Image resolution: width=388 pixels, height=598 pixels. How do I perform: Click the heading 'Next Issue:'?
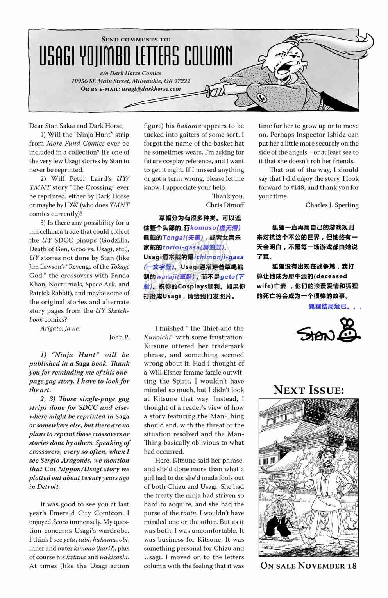tap(309, 390)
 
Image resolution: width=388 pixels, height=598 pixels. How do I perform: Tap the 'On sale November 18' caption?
tap(309, 566)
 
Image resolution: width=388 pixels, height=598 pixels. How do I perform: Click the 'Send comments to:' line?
tap(136, 39)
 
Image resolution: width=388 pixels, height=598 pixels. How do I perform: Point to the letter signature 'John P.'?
tap(119, 337)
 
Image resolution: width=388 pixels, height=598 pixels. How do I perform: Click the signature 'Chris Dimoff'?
tap(225, 205)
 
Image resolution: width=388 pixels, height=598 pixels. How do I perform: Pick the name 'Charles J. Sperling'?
tap(332, 205)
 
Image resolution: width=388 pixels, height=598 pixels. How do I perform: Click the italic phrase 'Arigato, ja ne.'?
tap(60, 328)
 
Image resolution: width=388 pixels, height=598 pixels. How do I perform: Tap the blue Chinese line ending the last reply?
tap(335, 307)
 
